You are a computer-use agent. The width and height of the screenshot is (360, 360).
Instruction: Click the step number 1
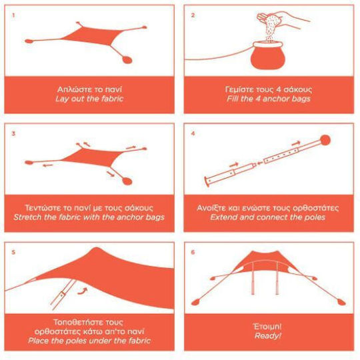(13, 15)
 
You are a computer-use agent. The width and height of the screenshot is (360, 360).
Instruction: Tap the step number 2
(193, 15)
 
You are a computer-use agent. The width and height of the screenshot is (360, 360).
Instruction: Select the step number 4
(193, 133)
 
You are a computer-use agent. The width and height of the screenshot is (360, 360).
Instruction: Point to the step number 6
(193, 252)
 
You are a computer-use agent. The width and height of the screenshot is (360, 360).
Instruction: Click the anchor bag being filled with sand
(268, 55)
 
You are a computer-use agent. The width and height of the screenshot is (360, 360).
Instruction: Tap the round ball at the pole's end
(325, 140)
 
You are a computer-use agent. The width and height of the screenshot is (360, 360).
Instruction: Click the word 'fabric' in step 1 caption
(112, 99)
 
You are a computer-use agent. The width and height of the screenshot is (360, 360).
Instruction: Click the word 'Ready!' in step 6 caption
(268, 336)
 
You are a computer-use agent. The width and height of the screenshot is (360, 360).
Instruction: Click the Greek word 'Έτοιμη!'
(267, 327)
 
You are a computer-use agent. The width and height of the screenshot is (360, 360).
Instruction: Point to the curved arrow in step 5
(83, 291)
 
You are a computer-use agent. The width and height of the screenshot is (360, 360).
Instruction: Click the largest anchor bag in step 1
(127, 59)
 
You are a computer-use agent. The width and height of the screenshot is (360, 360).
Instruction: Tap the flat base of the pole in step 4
(207, 182)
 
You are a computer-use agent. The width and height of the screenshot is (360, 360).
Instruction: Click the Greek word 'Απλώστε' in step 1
(71, 89)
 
